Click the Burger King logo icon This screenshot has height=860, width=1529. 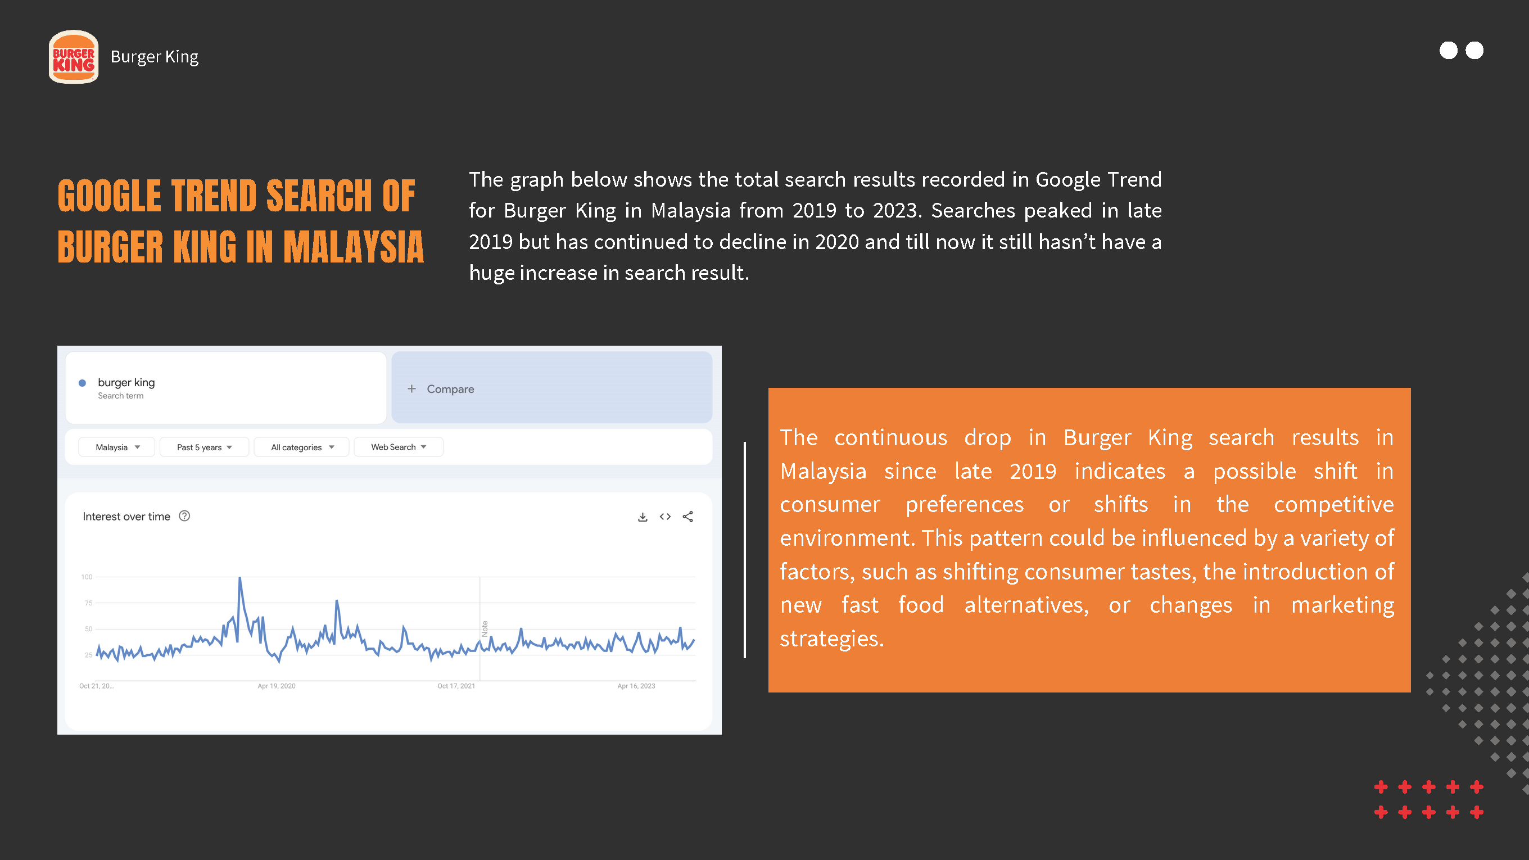[x=74, y=57]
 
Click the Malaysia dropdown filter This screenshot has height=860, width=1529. [x=117, y=447]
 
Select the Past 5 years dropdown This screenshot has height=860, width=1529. [x=204, y=447]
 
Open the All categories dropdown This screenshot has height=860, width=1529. [x=302, y=447]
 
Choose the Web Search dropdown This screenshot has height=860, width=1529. [x=399, y=447]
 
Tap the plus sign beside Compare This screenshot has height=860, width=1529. [x=411, y=389]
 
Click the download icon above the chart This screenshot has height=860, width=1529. [x=642, y=517]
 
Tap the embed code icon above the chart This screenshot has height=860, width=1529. [x=666, y=517]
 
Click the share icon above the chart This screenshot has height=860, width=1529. [x=688, y=517]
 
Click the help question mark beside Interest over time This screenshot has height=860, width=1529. [x=184, y=516]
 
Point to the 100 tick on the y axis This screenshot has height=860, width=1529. [x=87, y=577]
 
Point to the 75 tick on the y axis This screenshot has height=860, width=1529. [x=88, y=603]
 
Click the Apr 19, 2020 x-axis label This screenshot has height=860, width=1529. [x=276, y=686]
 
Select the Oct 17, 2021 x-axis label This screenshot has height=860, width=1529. [x=456, y=686]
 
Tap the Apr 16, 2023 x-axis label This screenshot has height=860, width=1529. [x=636, y=686]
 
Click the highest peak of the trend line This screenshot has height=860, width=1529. [x=240, y=577]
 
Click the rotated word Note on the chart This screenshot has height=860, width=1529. [x=485, y=628]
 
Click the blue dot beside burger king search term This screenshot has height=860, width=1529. [x=83, y=383]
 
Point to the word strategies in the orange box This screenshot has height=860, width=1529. [x=831, y=639]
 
